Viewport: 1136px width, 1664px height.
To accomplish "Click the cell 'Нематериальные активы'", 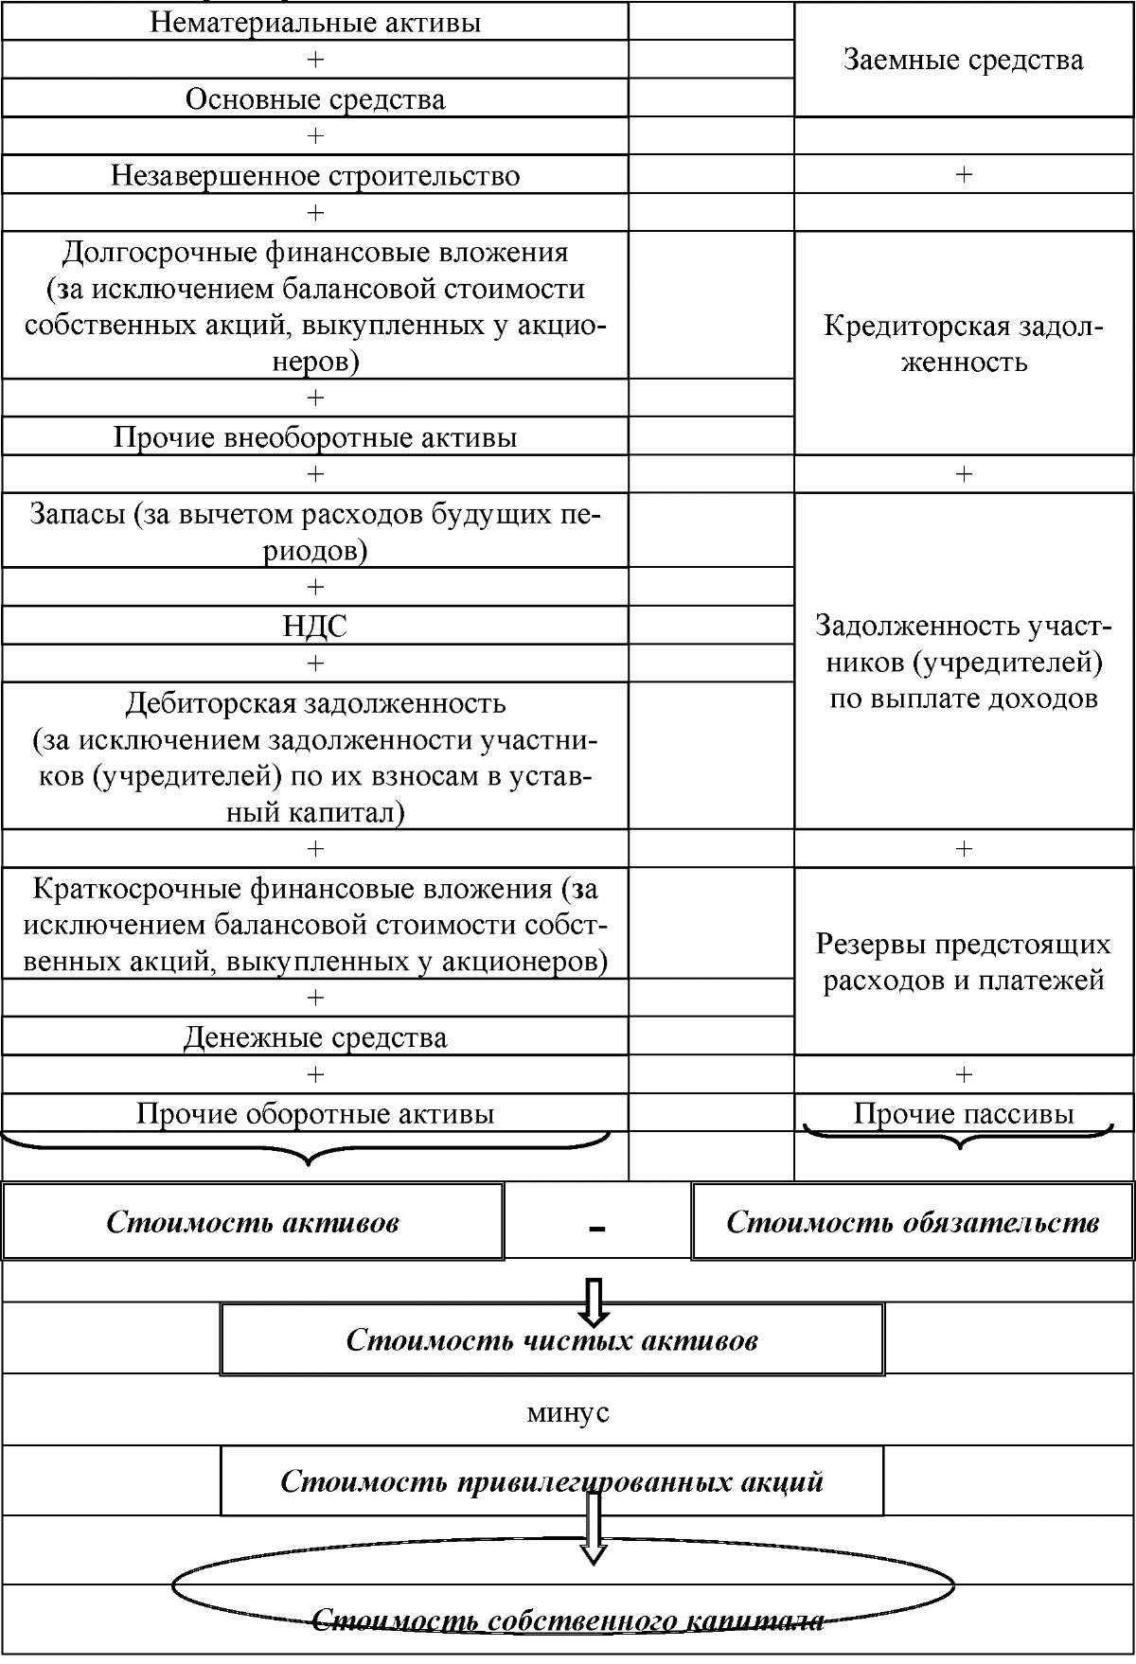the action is point(315,21).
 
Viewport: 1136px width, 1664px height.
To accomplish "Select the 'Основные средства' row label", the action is point(315,98).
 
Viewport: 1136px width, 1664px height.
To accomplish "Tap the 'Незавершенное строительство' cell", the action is point(315,175).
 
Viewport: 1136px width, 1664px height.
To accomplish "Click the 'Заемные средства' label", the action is point(963,60).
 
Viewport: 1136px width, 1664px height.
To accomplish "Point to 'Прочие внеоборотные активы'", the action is point(315,437).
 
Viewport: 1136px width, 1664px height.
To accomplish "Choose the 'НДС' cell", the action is point(315,626).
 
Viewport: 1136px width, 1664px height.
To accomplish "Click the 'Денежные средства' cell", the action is point(315,1037).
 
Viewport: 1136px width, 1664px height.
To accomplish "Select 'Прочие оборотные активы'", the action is point(315,1113).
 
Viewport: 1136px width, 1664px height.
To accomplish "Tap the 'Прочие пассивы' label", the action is point(964,1113).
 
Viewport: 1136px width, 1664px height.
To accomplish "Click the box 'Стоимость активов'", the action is point(252,1221).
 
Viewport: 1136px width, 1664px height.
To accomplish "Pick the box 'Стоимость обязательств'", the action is point(913,1221).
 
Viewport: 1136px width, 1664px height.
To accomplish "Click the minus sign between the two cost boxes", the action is point(596,1228).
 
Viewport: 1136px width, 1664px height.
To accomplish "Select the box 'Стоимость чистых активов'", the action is point(552,1339).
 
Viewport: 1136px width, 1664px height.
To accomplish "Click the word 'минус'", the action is point(568,1412).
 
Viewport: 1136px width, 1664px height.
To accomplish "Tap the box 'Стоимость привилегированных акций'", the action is point(552,1480).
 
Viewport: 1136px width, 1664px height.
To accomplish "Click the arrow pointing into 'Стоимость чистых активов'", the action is point(595,1302).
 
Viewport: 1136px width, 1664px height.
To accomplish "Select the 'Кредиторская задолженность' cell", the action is point(963,343).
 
